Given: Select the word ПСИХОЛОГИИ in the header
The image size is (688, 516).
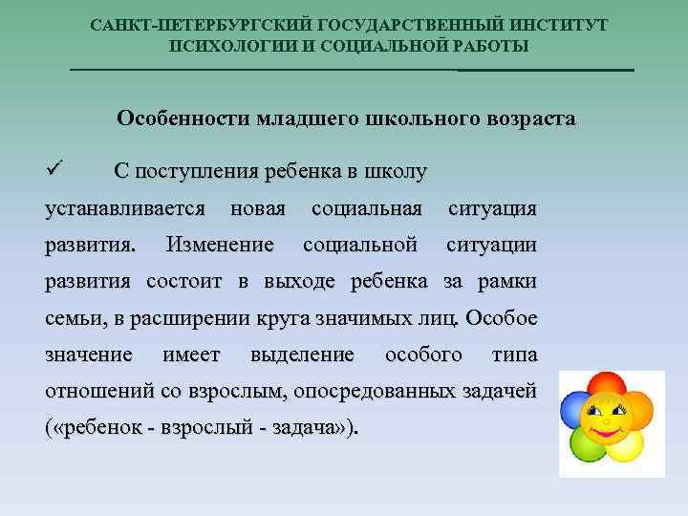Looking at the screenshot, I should (x=235, y=46).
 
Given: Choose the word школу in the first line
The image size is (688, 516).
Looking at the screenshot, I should (x=395, y=172).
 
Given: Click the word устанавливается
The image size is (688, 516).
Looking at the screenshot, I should (x=125, y=208).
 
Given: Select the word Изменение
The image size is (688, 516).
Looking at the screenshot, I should (x=219, y=245).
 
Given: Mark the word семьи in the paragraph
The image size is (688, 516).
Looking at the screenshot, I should (x=73, y=318).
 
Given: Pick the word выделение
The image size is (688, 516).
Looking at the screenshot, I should (x=301, y=355).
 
